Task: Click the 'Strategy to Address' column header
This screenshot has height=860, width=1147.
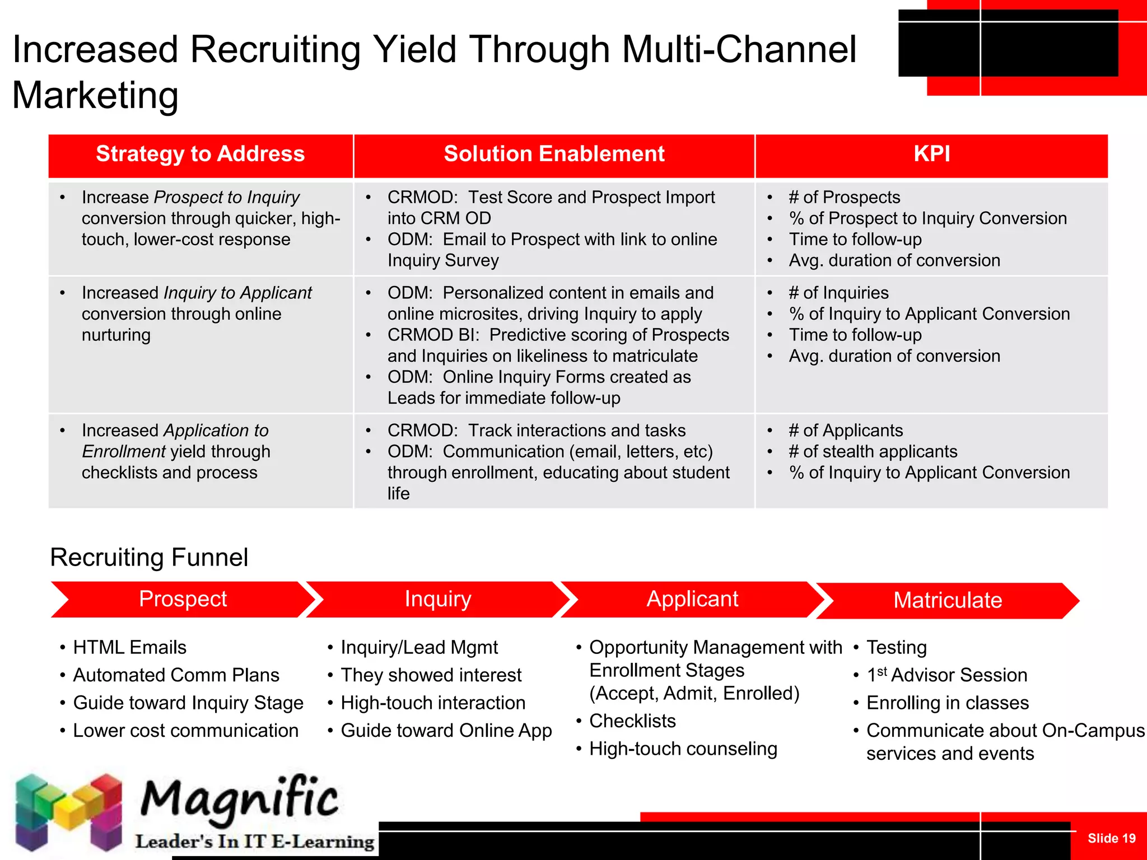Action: (200, 154)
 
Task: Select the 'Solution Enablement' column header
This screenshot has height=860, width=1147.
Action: (554, 154)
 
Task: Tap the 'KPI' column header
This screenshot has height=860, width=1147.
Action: (931, 154)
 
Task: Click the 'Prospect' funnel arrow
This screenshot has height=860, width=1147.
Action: (183, 599)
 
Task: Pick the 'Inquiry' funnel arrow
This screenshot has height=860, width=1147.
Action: (438, 599)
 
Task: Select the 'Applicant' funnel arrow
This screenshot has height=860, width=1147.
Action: (692, 599)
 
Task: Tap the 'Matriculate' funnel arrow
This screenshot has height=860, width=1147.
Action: (947, 600)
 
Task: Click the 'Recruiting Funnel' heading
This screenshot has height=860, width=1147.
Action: (149, 557)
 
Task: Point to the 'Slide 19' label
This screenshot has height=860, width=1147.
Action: (1111, 838)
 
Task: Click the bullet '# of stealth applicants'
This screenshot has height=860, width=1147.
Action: (873, 451)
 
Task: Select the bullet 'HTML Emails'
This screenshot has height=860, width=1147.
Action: (129, 647)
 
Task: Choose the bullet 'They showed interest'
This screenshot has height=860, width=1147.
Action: (431, 675)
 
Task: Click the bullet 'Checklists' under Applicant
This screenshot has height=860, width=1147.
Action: (632, 721)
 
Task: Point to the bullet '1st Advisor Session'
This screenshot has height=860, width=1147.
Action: (946, 675)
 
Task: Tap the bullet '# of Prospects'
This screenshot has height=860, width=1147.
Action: (844, 197)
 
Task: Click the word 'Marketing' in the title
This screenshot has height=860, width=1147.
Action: (95, 95)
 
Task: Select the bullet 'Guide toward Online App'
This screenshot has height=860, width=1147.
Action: (446, 731)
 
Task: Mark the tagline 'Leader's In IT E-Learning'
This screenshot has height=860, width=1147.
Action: (255, 842)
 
